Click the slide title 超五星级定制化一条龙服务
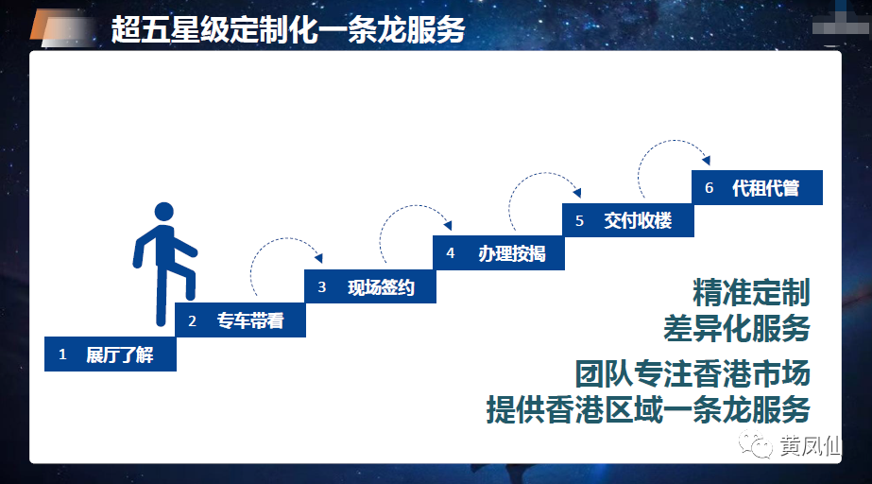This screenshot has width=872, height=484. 287,29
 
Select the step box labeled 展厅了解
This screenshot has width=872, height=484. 111,354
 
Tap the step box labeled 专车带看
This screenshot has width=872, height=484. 240,320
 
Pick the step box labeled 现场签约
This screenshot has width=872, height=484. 369,286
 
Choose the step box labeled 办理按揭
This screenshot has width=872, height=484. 499,253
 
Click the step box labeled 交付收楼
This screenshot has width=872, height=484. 628,220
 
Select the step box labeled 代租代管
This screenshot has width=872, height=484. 757,187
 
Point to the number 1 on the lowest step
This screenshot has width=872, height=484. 62,354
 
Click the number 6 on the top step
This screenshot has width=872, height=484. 710,188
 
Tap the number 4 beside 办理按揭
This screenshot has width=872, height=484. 451,253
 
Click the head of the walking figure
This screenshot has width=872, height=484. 164,212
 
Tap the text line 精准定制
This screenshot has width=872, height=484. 751,293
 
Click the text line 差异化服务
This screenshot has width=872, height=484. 736,328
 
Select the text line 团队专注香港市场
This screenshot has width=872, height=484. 692,373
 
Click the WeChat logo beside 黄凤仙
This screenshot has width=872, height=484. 756,444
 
